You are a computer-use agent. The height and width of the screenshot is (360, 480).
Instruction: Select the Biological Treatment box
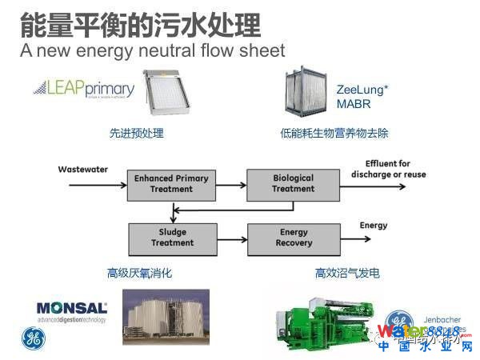click(x=293, y=183)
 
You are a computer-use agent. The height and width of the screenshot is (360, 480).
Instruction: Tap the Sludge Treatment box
click(x=172, y=238)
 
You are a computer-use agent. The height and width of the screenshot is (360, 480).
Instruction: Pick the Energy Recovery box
click(x=294, y=238)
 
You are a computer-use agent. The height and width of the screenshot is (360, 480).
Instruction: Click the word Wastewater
click(x=82, y=170)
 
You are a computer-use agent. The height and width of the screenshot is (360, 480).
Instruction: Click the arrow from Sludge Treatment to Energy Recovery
click(x=231, y=238)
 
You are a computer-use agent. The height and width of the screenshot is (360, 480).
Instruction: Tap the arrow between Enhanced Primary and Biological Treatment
click(x=231, y=183)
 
